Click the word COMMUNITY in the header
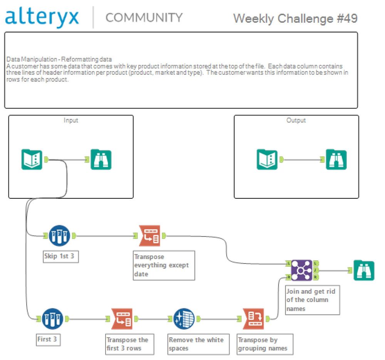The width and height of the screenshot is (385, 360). [x=144, y=17]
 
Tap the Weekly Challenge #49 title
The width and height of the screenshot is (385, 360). [x=295, y=18]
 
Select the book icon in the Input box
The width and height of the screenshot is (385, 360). [x=32, y=159]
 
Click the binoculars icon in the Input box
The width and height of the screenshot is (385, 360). [x=101, y=159]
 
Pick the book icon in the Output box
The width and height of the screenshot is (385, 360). [x=267, y=159]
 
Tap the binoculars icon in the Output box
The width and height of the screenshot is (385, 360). [x=336, y=159]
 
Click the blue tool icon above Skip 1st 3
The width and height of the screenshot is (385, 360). [x=59, y=235]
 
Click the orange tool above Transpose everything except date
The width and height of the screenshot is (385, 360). [x=150, y=235]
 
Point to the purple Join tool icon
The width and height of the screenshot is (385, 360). [x=301, y=269]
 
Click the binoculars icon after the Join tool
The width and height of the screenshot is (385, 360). [x=363, y=270]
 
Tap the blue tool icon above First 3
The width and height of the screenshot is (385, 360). [x=52, y=319]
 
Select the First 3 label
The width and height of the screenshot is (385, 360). [x=47, y=340]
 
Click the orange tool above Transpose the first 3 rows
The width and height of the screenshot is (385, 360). [x=122, y=319]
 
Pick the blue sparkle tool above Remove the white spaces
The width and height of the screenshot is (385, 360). [x=184, y=319]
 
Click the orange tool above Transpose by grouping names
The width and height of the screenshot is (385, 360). [x=253, y=319]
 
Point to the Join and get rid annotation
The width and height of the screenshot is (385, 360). [x=312, y=299]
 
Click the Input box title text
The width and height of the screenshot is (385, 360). [x=71, y=120]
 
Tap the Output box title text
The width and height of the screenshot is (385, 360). [x=296, y=120]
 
